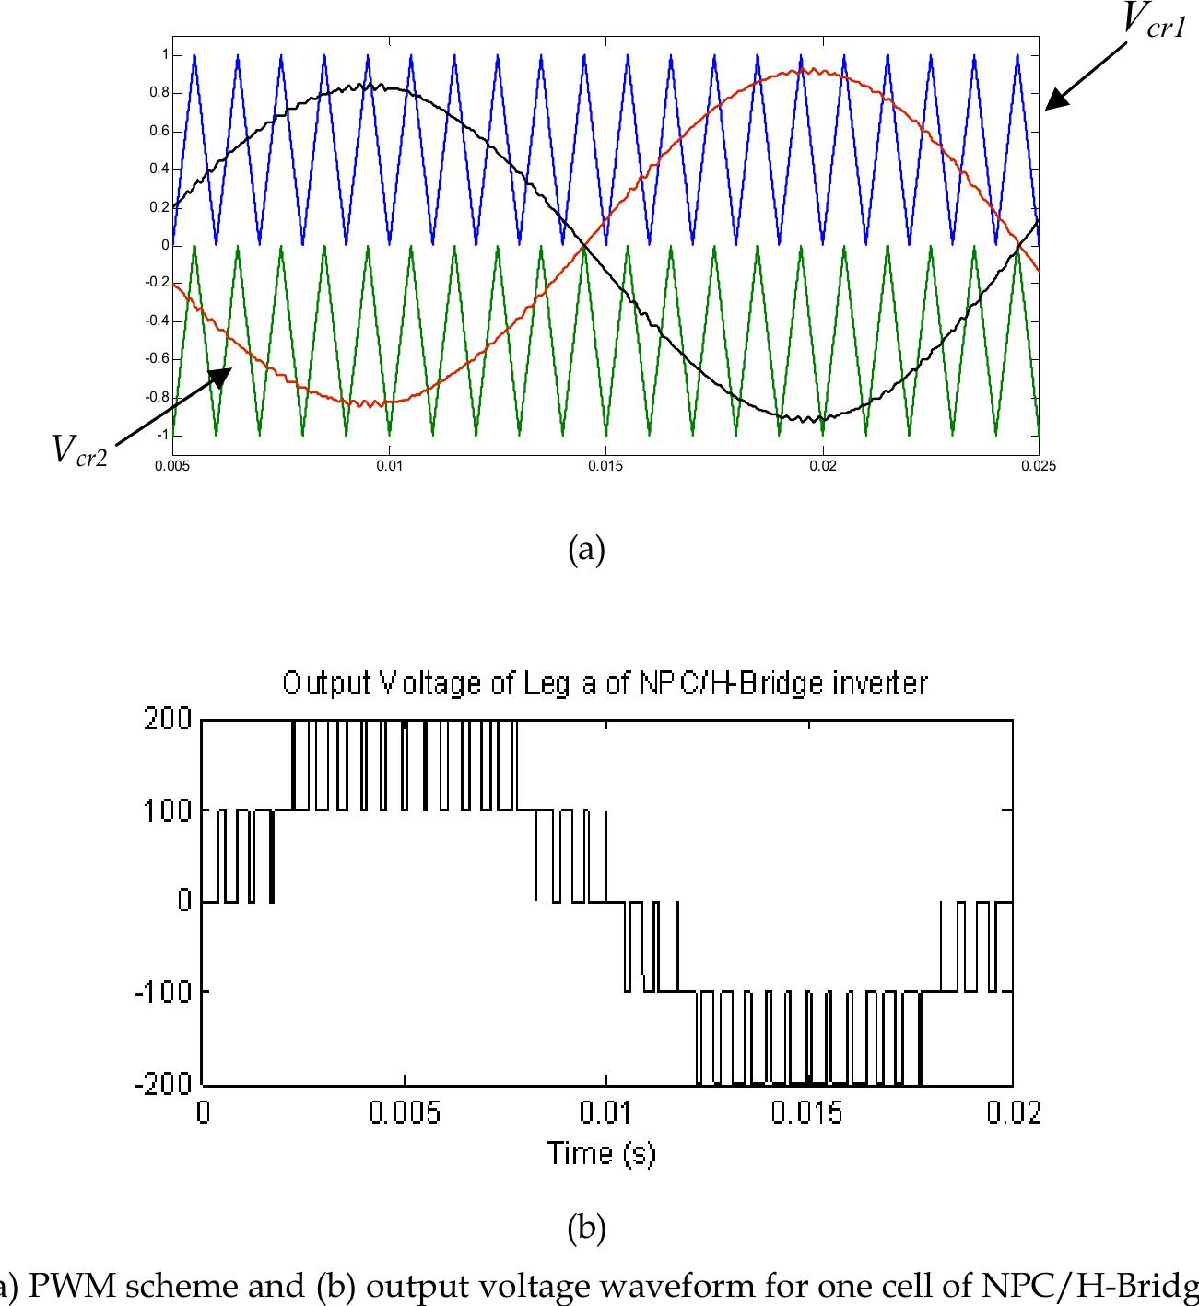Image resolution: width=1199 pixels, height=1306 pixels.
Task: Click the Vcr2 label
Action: click(79, 450)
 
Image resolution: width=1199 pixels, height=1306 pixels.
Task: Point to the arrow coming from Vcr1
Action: click(1087, 76)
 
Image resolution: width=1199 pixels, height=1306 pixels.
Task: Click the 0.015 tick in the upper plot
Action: click(605, 466)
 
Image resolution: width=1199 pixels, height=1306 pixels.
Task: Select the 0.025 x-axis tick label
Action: click(1038, 466)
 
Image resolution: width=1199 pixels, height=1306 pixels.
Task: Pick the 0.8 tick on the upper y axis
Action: click(159, 93)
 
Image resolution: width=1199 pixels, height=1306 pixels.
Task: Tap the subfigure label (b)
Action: click(587, 1229)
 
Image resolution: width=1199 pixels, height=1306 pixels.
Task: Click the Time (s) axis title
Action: click(602, 1152)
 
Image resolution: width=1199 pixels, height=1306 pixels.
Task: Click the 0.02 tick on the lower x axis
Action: click(1012, 1114)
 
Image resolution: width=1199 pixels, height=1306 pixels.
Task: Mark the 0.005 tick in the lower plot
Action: click(405, 1114)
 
